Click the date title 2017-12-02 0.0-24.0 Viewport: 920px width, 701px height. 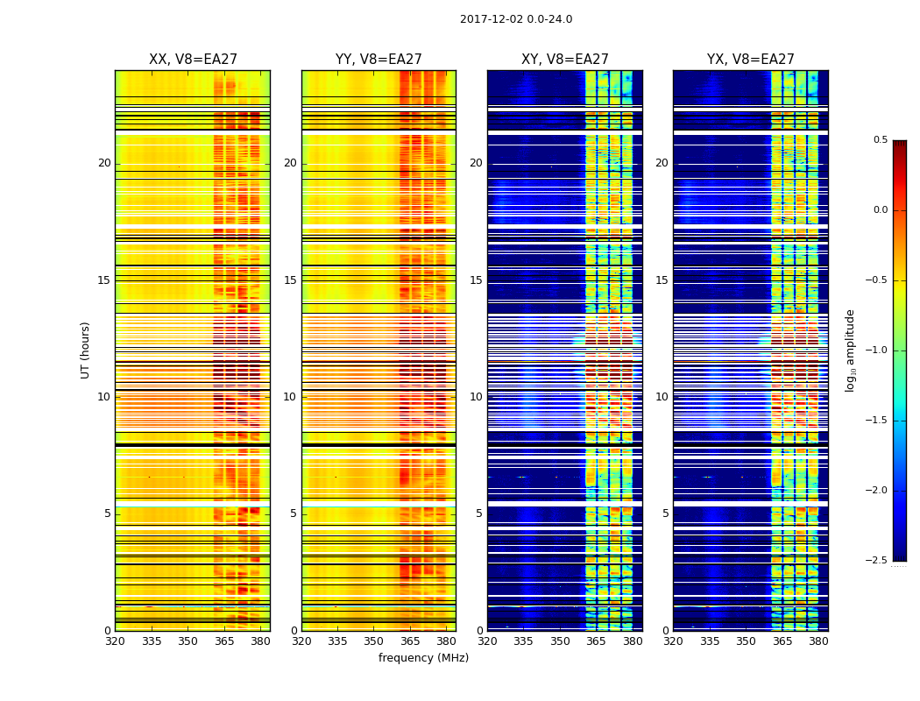coord(516,19)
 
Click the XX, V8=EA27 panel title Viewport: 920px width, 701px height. coord(193,60)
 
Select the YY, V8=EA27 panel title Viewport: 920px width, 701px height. coord(379,60)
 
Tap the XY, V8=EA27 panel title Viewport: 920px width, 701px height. coord(565,60)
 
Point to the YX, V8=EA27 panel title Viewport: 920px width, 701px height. coord(751,60)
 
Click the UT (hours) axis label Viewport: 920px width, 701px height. coord(86,350)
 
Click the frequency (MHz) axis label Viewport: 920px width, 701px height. coord(423,658)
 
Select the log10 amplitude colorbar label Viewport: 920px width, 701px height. coord(850,350)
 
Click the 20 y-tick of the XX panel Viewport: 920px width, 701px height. coord(104,163)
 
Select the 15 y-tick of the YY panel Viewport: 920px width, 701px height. coord(291,280)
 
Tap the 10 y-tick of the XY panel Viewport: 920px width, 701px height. coord(476,397)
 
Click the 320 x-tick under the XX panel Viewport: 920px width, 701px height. coord(115,641)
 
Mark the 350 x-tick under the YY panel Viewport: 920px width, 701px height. coord(374,641)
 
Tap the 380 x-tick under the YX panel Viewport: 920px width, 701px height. coord(818,641)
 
